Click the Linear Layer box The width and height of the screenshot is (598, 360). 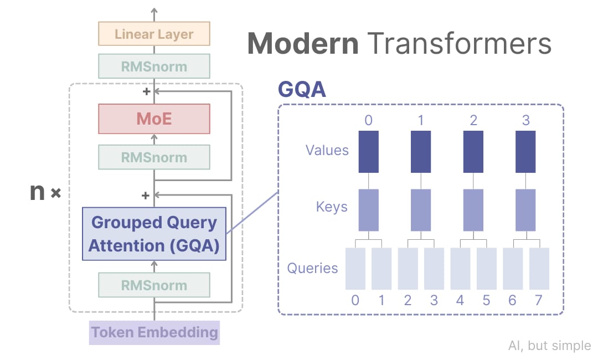(x=154, y=34)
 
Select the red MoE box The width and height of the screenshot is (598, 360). (x=154, y=119)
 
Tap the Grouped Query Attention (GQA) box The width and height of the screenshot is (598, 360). (x=154, y=234)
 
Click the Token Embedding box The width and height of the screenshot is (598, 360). (x=154, y=332)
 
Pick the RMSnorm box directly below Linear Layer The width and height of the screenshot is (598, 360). (x=154, y=66)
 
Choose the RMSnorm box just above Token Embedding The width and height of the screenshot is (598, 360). (x=154, y=285)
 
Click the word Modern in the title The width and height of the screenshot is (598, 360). (x=302, y=43)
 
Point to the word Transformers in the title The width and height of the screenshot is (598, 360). (x=460, y=43)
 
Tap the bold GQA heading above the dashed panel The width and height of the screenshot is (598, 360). (x=302, y=89)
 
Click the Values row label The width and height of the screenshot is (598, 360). (x=327, y=150)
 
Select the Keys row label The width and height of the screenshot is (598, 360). (x=332, y=207)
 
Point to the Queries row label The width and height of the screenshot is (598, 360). (x=312, y=268)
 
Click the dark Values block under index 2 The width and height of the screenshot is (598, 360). (x=473, y=151)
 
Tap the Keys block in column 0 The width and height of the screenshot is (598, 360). (x=369, y=210)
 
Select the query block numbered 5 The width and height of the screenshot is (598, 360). (x=487, y=269)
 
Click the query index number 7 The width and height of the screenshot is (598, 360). (x=539, y=301)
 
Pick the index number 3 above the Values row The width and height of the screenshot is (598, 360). (x=525, y=120)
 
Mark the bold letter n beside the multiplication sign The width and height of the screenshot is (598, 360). (x=37, y=193)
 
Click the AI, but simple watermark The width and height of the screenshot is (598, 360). (x=549, y=346)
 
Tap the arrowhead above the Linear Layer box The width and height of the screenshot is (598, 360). (x=154, y=11)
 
